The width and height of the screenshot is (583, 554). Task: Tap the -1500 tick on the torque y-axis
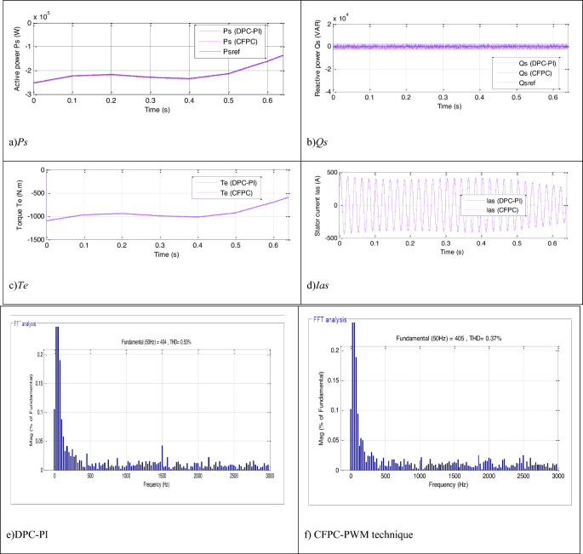[32, 240]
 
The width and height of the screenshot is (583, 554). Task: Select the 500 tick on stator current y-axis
[329, 171]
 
